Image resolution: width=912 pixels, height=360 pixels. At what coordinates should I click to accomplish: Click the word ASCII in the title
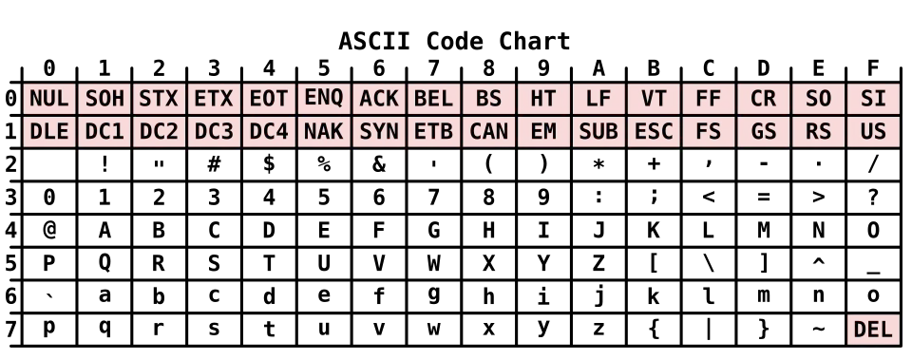[x=374, y=41]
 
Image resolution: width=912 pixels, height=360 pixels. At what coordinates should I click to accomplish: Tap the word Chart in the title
[x=535, y=41]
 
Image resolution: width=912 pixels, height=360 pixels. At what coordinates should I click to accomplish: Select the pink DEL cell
[x=873, y=330]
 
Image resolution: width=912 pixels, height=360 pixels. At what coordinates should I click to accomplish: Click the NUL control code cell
[x=48, y=99]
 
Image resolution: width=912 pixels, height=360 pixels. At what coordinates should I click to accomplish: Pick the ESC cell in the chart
[x=654, y=132]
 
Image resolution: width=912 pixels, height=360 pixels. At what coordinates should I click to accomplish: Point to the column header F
[x=873, y=68]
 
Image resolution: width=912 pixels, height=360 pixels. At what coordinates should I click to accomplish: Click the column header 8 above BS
[x=488, y=68]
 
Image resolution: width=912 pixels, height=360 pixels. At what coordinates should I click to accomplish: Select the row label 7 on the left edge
[x=10, y=330]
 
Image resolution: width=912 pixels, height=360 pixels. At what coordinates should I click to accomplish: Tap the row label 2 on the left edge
[x=10, y=164]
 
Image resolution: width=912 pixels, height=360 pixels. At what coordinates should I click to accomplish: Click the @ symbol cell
[x=48, y=231]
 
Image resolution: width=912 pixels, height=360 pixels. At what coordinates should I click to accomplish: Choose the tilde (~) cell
[x=818, y=330]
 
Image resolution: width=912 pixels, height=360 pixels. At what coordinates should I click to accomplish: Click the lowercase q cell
[x=104, y=330]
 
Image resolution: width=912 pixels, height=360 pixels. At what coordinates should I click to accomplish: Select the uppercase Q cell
[x=104, y=263]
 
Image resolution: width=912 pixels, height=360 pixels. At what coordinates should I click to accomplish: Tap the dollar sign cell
[x=269, y=164]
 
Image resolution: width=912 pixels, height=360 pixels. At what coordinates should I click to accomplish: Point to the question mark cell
[x=873, y=198]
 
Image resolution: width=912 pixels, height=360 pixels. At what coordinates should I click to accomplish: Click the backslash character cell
[x=709, y=263]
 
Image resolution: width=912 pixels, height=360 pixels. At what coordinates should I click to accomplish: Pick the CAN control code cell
[x=488, y=132]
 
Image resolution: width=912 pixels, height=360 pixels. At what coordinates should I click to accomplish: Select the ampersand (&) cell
[x=379, y=164]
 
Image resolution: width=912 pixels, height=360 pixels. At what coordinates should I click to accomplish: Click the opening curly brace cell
[x=654, y=330]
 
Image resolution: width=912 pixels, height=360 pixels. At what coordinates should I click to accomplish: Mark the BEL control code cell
[x=433, y=99]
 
